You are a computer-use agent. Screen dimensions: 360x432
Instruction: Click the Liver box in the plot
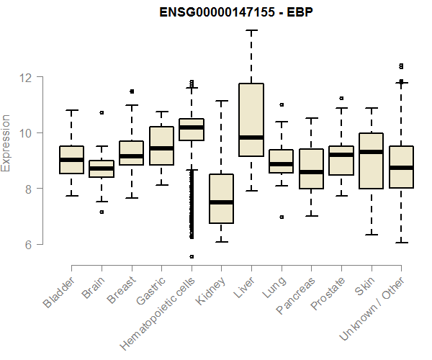coord(251,120)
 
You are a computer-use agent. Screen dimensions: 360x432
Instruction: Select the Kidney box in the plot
coord(221,199)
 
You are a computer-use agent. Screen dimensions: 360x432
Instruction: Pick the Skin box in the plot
coord(371,161)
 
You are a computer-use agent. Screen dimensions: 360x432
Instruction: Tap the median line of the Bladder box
coord(71,160)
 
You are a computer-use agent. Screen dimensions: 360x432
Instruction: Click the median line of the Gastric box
coord(161,148)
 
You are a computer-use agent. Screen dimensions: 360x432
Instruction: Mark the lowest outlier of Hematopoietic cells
coord(192,256)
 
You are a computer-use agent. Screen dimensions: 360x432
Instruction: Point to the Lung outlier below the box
coord(281,217)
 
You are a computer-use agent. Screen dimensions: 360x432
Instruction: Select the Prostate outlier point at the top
coord(341,98)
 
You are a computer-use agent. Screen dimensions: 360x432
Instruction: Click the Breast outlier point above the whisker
coord(132,91)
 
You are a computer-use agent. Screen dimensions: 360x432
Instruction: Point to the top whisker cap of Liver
coord(251,30)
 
